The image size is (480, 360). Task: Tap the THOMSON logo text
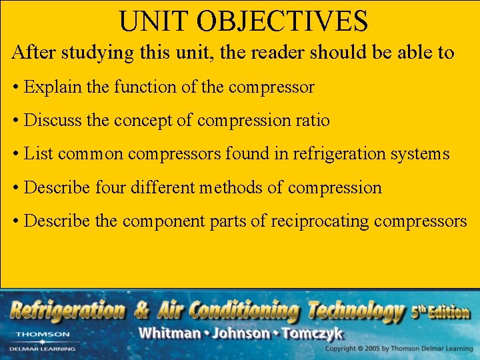click(42, 334)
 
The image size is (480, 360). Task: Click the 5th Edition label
click(441, 312)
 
